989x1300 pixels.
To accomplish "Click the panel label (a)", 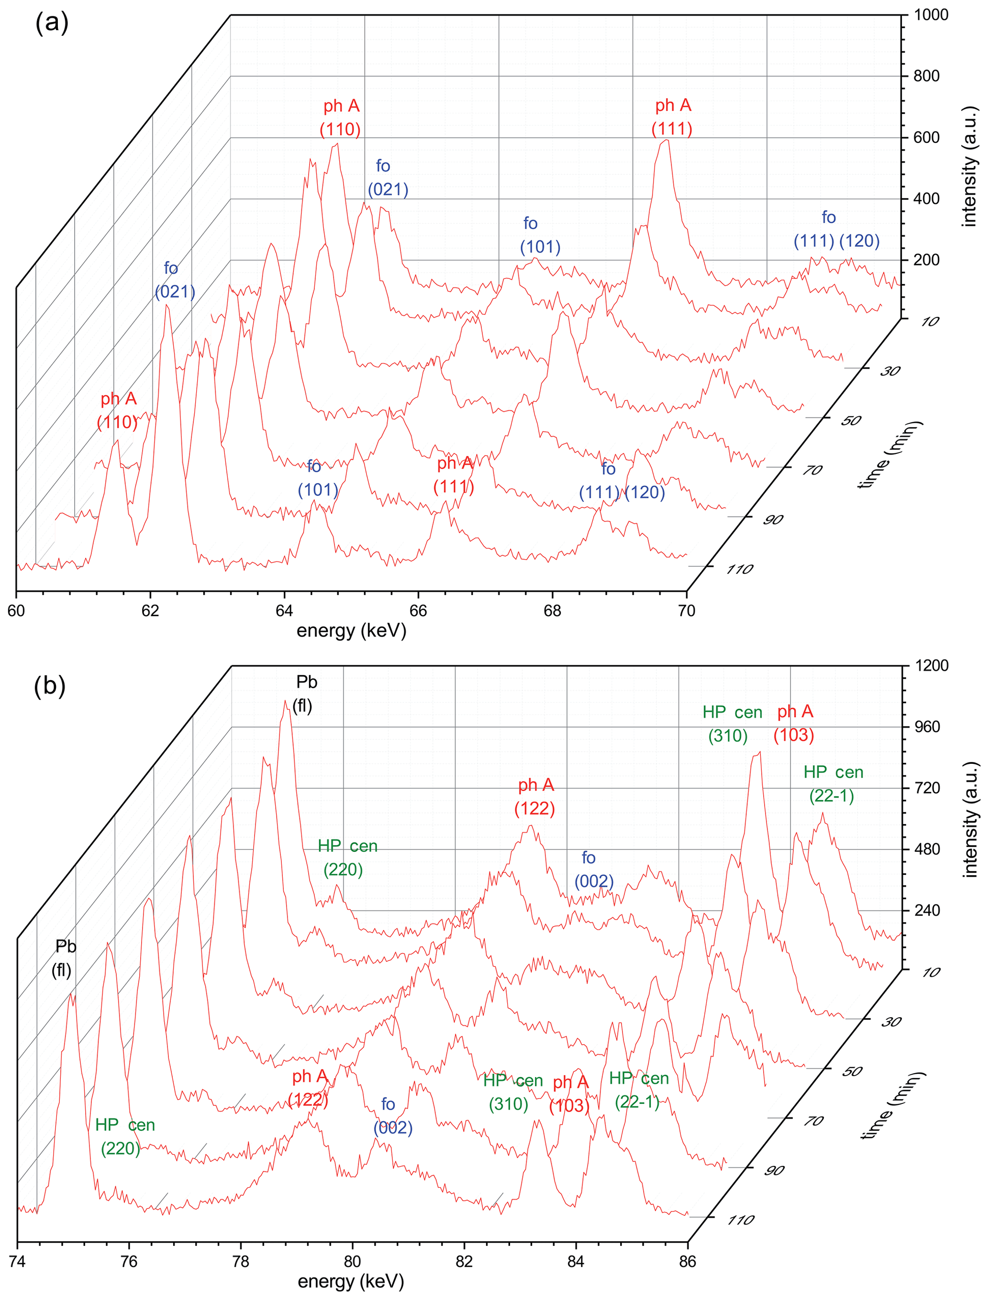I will pyautogui.click(x=52, y=23).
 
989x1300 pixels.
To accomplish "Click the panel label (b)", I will pyautogui.click(x=50, y=685).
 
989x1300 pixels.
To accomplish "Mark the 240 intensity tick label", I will pyautogui.click(x=927, y=910).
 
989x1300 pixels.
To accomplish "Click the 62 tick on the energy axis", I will pyautogui.click(x=150, y=611).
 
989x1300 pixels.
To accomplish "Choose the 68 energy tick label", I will pyautogui.click(x=552, y=611).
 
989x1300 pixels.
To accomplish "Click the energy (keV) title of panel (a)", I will pyautogui.click(x=352, y=631).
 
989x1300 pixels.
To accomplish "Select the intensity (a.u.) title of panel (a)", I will pyautogui.click(x=969, y=166).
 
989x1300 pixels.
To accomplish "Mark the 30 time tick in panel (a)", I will pyautogui.click(x=889, y=371).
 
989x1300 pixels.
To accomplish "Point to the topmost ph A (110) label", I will pyautogui.click(x=341, y=118).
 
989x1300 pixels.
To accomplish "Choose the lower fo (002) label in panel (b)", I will pyautogui.click(x=391, y=1116).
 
